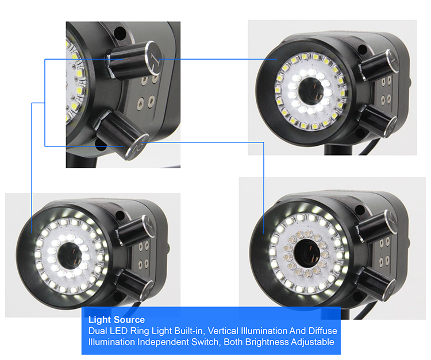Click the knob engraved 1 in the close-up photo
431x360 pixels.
134,61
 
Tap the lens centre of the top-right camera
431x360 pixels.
311,89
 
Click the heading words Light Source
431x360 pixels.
117,320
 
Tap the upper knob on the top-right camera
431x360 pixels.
379,65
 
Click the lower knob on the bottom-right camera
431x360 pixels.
376,280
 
